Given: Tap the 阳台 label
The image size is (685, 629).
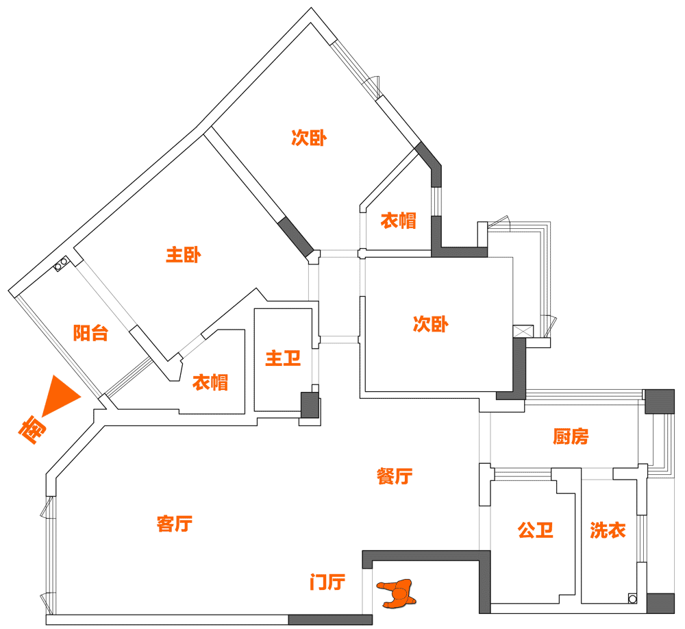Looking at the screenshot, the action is click(90, 334).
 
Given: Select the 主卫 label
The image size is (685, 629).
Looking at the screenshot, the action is click(283, 358).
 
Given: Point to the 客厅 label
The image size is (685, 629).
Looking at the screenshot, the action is click(174, 524).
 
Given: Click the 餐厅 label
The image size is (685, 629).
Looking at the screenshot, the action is click(395, 476).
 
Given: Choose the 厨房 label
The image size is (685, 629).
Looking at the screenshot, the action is click(571, 436).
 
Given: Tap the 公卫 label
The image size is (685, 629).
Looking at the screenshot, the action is click(536, 530).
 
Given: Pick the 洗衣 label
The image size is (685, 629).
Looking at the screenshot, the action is click(608, 530).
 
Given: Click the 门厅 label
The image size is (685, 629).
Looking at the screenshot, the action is click(327, 583).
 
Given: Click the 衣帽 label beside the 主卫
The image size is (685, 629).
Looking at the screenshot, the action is click(210, 382).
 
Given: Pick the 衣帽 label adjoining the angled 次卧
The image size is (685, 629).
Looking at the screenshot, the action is click(398, 221).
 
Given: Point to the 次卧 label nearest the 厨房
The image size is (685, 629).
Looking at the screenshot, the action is click(430, 324).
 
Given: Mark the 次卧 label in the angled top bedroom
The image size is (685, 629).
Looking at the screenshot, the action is click(309, 138).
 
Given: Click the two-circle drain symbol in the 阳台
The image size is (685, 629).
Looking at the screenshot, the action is click(60, 263).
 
